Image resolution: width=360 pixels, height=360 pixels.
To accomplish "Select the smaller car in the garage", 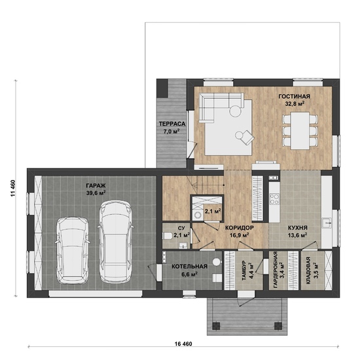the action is point(73,250).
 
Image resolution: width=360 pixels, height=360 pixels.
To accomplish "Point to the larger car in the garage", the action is point(115,242).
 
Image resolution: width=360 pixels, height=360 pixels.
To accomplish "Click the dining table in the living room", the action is point(300,130).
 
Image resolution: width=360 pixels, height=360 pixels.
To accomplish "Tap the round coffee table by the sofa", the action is point(236,111).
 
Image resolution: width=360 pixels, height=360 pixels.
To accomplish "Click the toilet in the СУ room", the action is point(168,236).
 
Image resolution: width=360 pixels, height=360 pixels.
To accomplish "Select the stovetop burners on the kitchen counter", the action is point(274,199).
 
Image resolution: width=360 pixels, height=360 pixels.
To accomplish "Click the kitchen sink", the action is point(327,223).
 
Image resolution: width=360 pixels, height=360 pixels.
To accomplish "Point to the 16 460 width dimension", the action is point(183,344).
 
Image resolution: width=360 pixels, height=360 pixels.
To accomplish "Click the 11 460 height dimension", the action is point(13,188).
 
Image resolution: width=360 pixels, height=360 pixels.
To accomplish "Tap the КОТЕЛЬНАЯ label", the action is point(190,266).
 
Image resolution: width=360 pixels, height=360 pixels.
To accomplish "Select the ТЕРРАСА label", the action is point(172,124).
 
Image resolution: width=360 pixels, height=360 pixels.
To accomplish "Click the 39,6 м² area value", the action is point(96,193).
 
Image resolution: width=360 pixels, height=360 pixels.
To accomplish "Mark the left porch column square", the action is point(215,325).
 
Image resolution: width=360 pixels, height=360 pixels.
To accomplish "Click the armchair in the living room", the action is point(245,136).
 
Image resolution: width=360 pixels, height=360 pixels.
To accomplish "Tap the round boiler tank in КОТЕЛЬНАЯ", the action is point(216,262).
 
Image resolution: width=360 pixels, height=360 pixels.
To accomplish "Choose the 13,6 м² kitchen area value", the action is point(298,235).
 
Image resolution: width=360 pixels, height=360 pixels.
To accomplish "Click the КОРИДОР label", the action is point(239,228).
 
